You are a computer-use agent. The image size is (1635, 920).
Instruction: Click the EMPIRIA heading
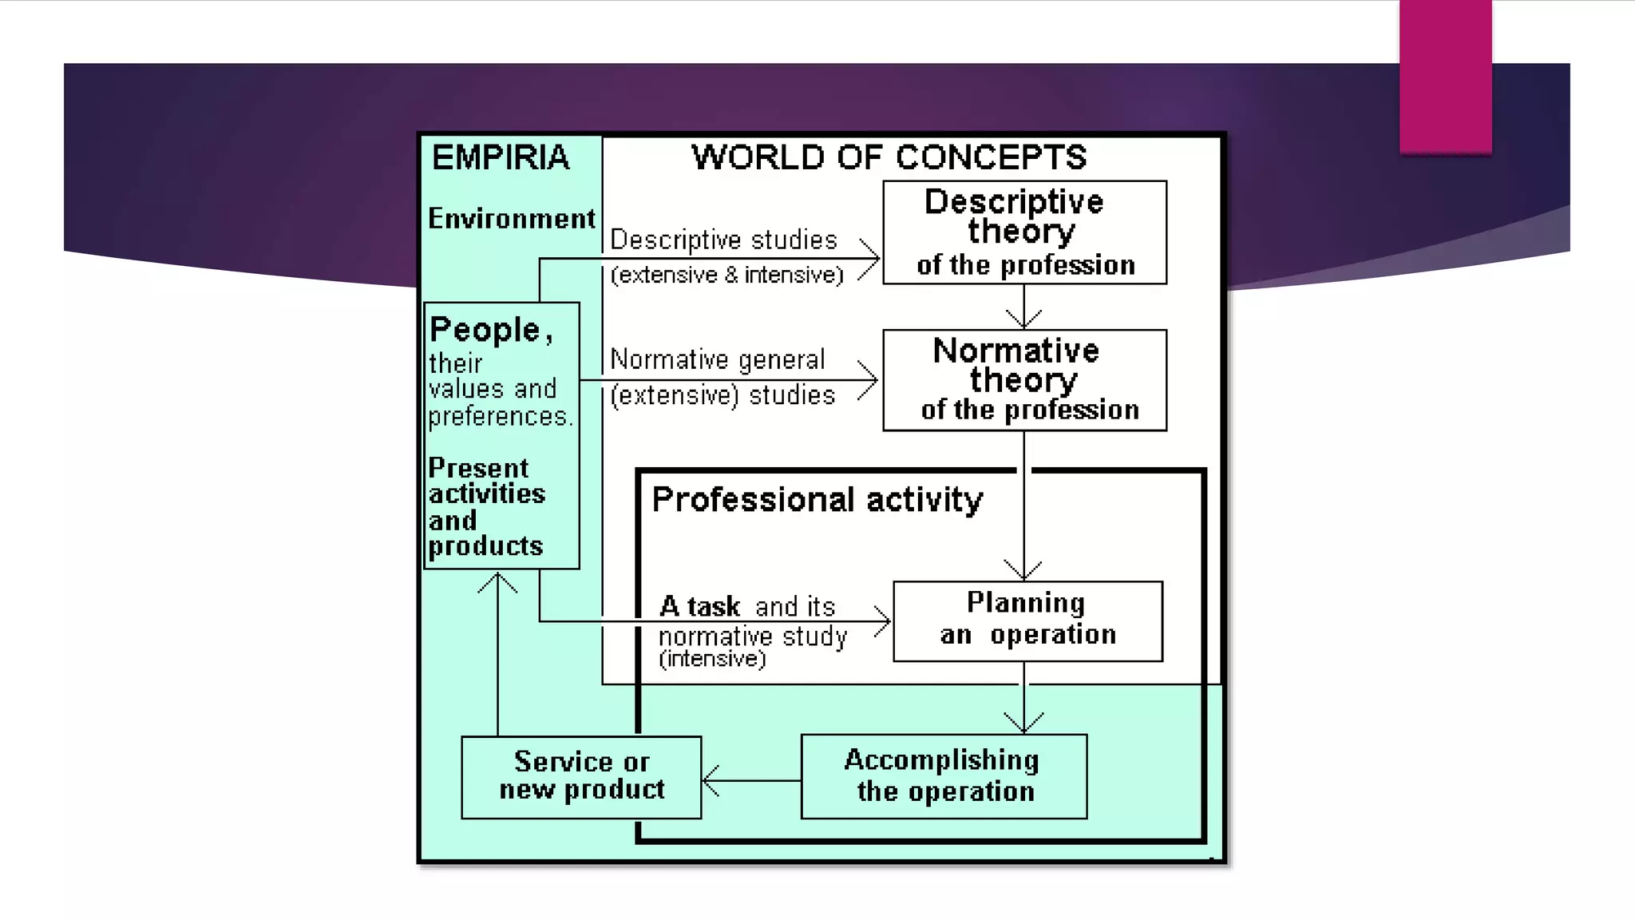coord(501,157)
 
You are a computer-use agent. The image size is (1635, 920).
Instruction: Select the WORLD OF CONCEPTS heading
coord(889,157)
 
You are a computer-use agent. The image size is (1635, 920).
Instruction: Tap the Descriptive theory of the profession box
coord(1024,232)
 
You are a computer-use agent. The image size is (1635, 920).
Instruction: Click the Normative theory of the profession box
coord(1024,380)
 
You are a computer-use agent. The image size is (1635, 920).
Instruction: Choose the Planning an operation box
coord(1027,621)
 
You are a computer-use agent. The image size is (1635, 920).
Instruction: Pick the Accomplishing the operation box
coord(944,776)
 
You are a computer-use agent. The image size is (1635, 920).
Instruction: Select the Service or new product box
coord(581,776)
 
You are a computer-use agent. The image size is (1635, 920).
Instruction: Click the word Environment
coord(512,218)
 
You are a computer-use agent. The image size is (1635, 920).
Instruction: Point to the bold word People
coord(485,330)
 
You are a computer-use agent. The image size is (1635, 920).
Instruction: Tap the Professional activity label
coord(817,500)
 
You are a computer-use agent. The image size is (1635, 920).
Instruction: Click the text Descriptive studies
coord(723,240)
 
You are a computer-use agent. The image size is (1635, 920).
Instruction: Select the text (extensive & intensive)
coord(726,275)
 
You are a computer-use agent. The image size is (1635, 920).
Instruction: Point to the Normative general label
coord(717,359)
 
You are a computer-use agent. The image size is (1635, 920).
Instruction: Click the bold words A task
coord(700,606)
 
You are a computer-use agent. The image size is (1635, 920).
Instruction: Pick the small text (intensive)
coord(712,659)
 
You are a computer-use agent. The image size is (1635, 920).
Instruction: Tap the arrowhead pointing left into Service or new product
coord(710,780)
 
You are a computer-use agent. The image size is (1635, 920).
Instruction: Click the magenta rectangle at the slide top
coord(1445,76)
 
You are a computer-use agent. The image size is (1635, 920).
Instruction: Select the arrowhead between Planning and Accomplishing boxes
coord(1024,722)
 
